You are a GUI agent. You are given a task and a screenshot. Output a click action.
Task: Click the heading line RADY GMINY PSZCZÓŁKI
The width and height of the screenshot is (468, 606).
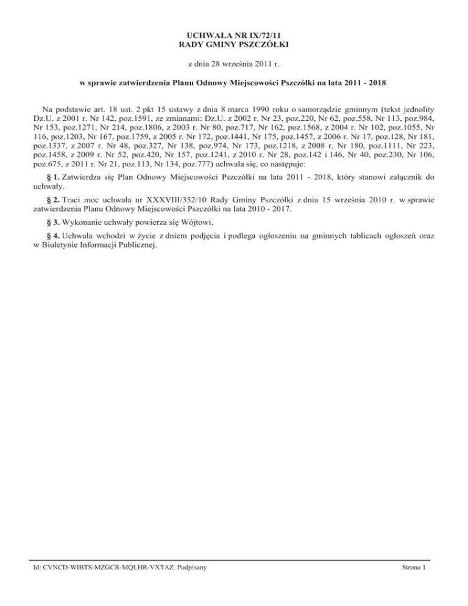(234, 45)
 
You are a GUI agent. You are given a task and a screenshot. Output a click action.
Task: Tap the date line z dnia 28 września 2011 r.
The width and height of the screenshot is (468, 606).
(234, 63)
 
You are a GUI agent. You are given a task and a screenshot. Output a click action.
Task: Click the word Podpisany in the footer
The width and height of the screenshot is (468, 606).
(186, 568)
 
